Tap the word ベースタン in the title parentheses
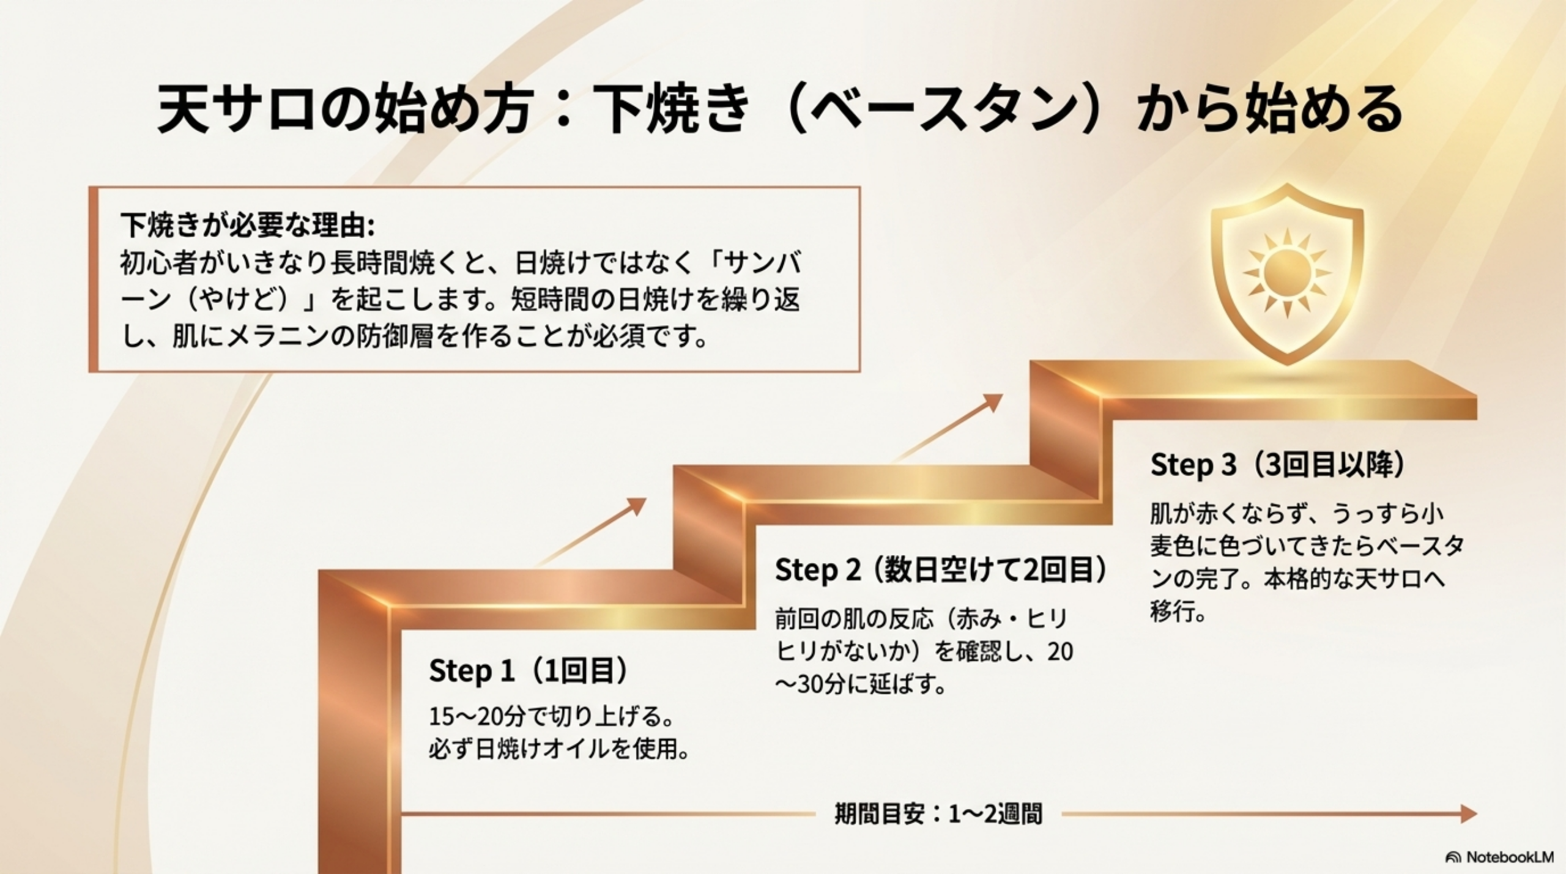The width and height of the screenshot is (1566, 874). (x=942, y=110)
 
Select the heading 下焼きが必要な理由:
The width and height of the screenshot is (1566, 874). (x=247, y=225)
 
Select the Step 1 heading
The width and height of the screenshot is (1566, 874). (x=529, y=671)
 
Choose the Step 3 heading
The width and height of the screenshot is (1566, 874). (x=1278, y=465)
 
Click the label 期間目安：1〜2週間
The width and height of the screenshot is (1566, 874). (x=938, y=815)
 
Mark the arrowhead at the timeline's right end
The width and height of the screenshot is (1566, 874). (x=1468, y=814)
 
